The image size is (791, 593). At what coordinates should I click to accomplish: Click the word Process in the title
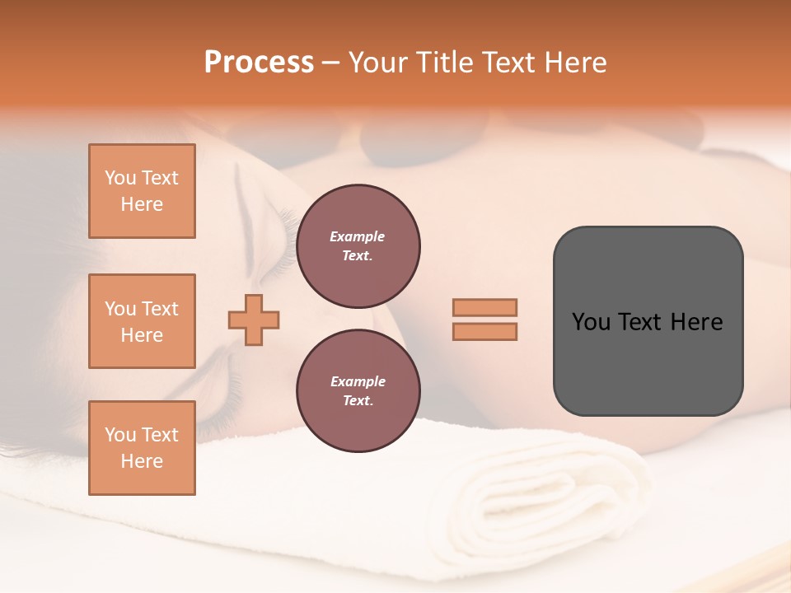(x=259, y=63)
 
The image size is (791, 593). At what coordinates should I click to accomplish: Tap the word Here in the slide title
(x=574, y=63)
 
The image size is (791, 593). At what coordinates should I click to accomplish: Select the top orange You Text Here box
(x=142, y=191)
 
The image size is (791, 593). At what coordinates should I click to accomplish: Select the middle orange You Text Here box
(x=142, y=321)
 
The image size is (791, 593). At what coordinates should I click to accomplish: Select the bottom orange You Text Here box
(x=142, y=448)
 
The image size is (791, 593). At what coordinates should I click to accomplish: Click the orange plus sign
(x=254, y=320)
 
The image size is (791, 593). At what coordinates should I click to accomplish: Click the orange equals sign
(x=484, y=320)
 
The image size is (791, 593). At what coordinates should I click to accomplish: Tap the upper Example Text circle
(x=358, y=246)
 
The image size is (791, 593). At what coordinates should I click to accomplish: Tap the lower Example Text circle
(x=358, y=391)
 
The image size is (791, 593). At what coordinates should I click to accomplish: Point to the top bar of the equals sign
(x=484, y=307)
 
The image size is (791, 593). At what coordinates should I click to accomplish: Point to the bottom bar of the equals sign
(x=484, y=331)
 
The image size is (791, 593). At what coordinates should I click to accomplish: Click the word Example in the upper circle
(x=358, y=236)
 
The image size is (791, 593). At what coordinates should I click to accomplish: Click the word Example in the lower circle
(x=358, y=381)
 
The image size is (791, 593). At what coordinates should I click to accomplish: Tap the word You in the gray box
(x=591, y=322)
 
